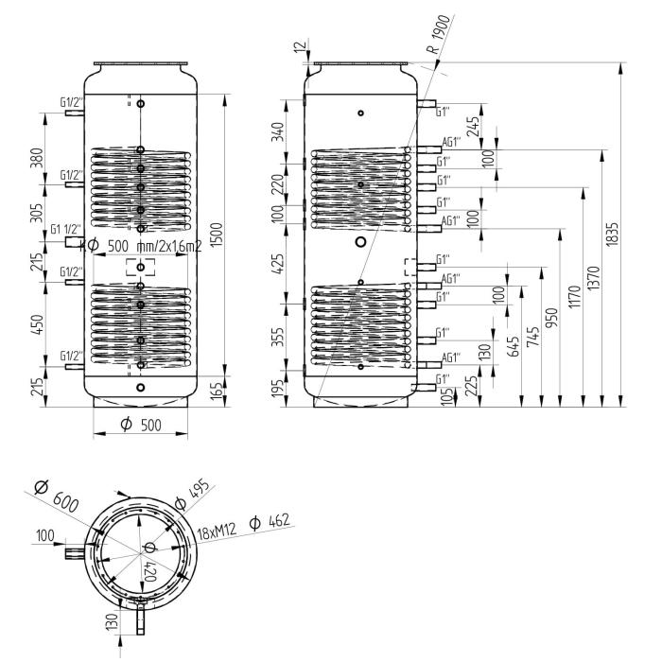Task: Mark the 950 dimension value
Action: click(x=552, y=315)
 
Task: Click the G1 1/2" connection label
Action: click(x=66, y=230)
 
